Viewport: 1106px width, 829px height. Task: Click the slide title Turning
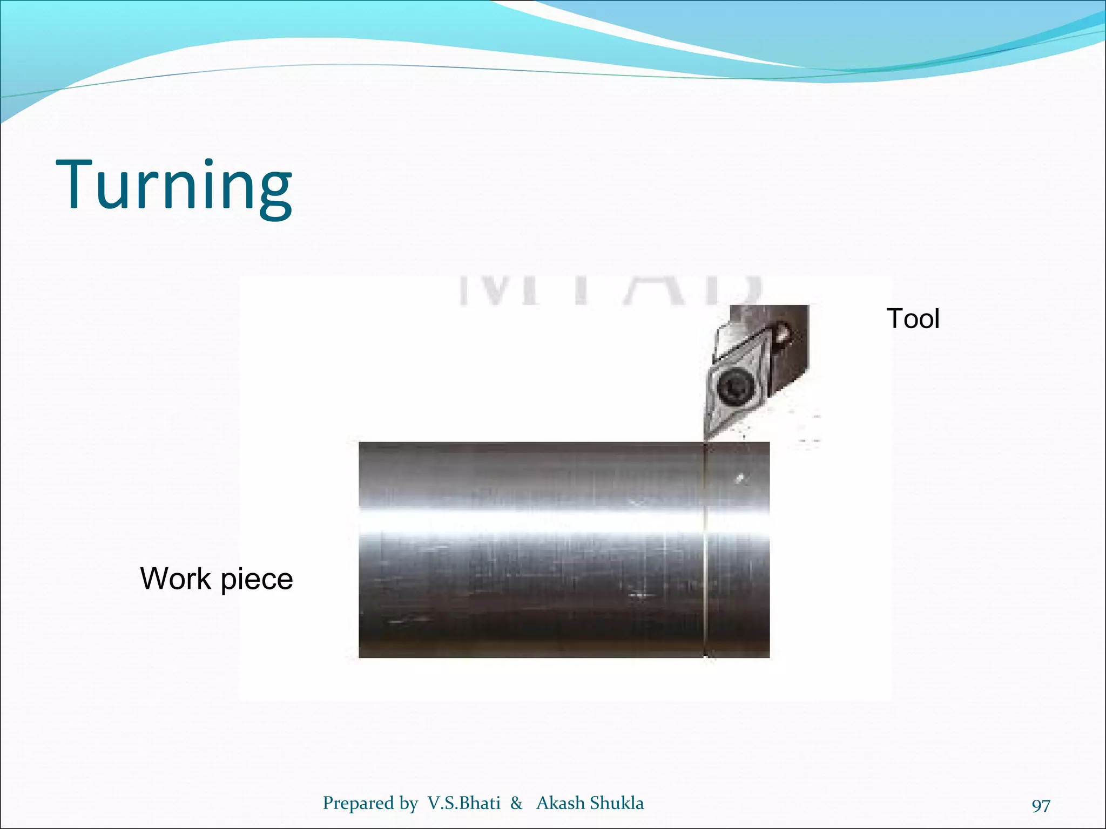tap(174, 185)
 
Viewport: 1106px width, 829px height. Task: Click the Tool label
tap(913, 318)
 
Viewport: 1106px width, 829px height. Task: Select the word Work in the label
tap(176, 579)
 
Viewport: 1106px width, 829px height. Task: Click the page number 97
tap(1041, 805)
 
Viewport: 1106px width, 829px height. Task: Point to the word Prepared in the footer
tap(358, 803)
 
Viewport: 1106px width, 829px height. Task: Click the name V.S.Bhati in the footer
tap(464, 803)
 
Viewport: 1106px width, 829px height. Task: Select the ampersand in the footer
tap(516, 803)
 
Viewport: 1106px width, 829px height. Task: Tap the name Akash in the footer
tap(561, 803)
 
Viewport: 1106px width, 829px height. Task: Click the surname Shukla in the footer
tap(617, 803)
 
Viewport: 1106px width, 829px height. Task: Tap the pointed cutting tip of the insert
tap(705, 438)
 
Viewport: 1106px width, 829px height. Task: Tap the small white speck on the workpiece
tap(741, 478)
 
